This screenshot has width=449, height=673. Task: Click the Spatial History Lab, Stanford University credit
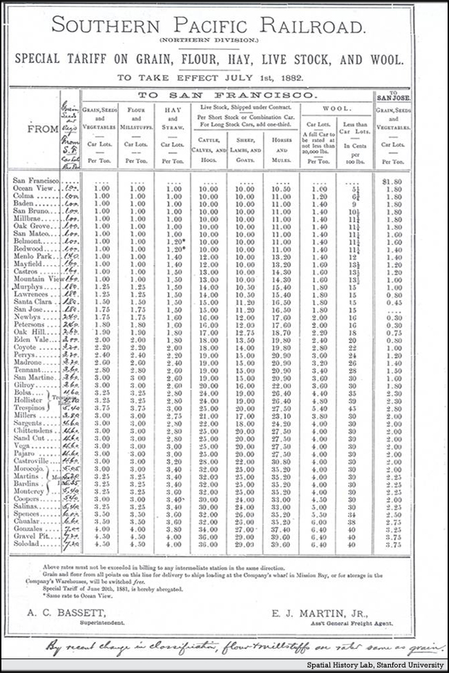pos(378,666)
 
